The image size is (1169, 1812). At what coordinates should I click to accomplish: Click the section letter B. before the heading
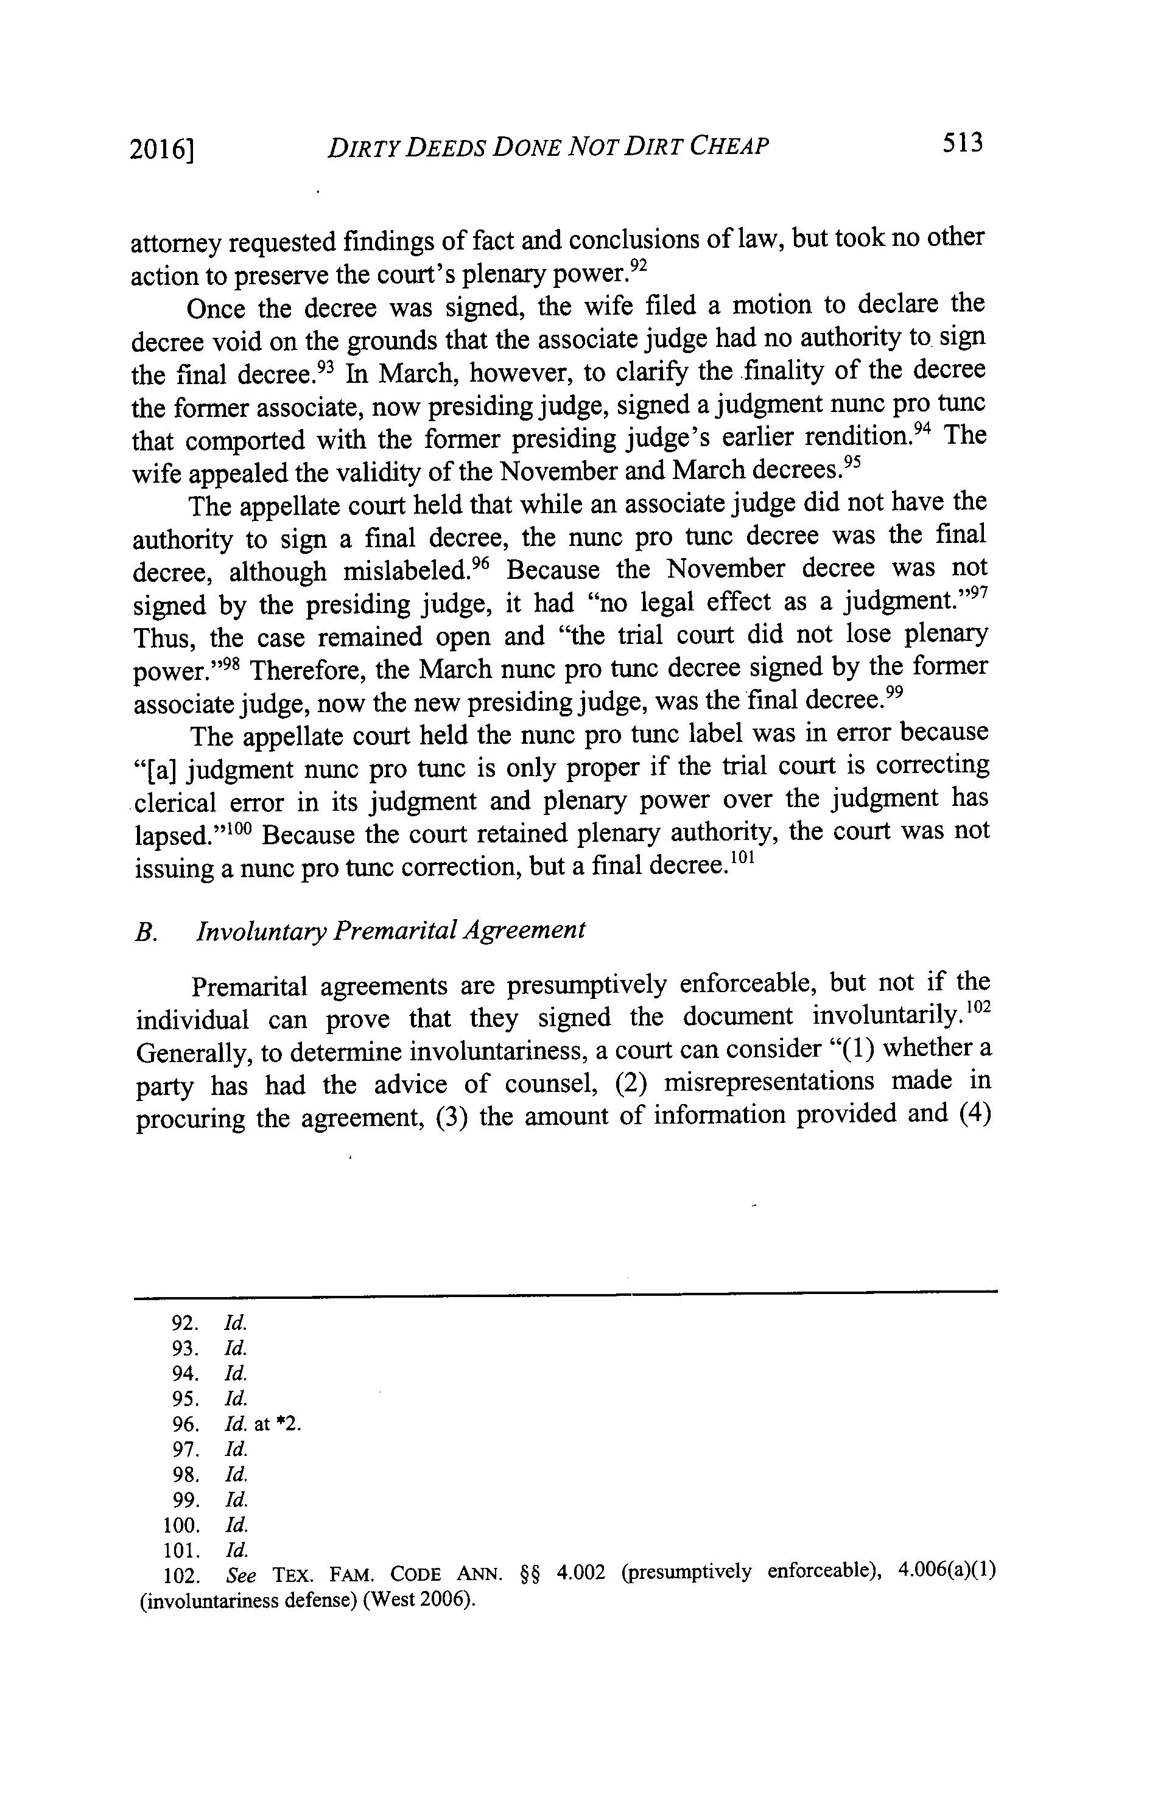(145, 932)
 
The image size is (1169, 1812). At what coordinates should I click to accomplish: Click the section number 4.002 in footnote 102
(581, 1572)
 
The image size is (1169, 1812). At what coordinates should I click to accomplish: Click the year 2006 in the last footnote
(438, 1599)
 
